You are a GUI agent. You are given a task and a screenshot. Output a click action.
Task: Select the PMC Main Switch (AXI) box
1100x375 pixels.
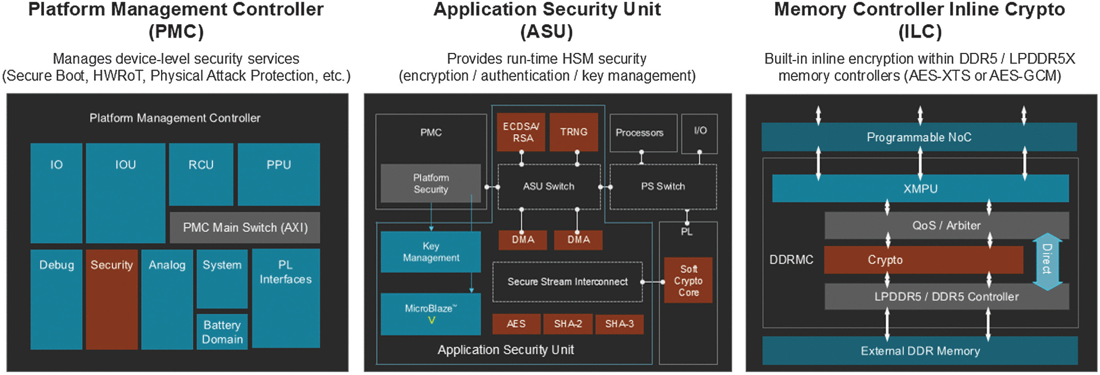(x=245, y=227)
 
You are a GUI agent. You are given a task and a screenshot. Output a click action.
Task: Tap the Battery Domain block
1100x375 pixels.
(x=222, y=332)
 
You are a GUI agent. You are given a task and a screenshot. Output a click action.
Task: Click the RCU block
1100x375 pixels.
(x=201, y=174)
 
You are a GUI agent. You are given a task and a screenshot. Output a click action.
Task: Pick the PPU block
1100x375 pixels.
(x=279, y=174)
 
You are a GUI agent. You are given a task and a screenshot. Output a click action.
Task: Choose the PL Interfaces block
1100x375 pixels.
(x=286, y=297)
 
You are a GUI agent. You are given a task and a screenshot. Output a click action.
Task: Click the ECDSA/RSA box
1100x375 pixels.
(x=521, y=132)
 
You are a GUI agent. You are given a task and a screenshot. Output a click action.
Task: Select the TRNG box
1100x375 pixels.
(x=574, y=132)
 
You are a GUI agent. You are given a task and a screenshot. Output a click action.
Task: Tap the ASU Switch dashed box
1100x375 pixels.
(x=549, y=186)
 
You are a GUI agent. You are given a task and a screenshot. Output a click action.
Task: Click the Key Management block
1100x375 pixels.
(x=431, y=252)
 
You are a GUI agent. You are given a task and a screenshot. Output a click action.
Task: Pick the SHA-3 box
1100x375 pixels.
(x=619, y=324)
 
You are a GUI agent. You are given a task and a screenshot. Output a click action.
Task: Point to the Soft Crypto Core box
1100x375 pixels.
(x=688, y=280)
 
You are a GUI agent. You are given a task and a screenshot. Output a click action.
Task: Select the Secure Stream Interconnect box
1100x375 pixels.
(x=567, y=282)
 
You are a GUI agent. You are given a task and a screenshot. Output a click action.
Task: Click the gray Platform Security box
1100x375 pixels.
(x=431, y=183)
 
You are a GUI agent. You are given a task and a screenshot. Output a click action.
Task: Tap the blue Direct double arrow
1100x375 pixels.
(x=1047, y=262)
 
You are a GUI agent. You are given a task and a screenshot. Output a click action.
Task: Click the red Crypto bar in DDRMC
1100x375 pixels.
(x=923, y=260)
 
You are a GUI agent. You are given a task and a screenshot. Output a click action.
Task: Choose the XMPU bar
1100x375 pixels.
(x=920, y=189)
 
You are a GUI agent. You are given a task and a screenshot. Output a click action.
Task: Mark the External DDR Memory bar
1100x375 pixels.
(x=920, y=351)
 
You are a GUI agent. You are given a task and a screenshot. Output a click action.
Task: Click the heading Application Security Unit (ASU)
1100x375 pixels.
(x=547, y=19)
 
